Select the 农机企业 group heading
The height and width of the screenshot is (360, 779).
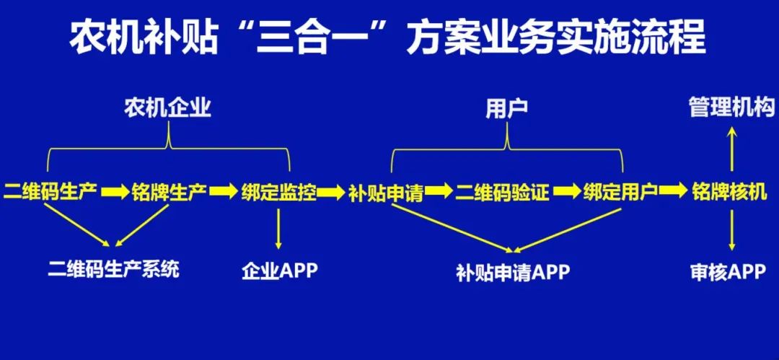[167, 109]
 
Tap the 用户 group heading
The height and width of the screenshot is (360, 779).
[506, 109]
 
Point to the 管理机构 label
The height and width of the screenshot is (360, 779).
[731, 108]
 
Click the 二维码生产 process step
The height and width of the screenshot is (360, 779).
[50, 193]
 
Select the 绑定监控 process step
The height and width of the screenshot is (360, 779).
[278, 193]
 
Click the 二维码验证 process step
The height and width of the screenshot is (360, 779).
[503, 193]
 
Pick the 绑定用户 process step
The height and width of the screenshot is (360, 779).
[620, 193]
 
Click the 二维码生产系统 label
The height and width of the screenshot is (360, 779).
[114, 270]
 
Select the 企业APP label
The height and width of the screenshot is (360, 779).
[279, 271]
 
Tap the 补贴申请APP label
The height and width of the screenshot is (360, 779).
[513, 272]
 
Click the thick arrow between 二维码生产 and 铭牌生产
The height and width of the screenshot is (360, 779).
[115, 193]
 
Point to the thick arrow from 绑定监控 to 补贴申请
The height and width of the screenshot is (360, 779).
[331, 193]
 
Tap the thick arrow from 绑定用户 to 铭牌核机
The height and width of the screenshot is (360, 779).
[673, 193]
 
